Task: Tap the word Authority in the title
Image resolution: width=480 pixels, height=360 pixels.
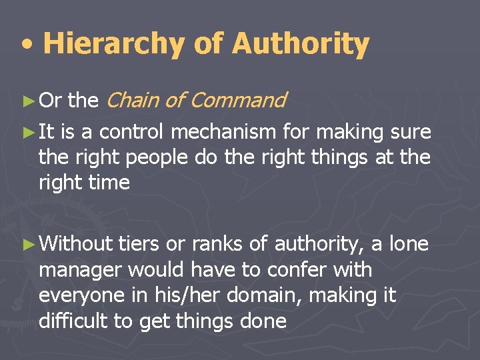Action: pos(300,44)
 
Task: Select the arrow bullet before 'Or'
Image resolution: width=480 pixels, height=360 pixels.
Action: pos(27,101)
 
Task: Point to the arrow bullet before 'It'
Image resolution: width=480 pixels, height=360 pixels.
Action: pos(27,133)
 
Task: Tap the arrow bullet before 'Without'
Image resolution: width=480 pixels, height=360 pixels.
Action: pos(27,245)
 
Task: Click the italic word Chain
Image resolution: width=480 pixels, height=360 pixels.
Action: pos(132,101)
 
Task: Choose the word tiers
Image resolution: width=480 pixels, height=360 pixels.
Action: pos(139,245)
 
